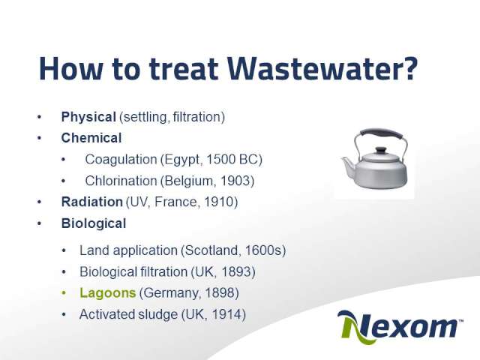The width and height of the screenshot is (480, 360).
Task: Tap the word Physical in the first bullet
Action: pos(88,117)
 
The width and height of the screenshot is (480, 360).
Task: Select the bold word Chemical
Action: pos(91,138)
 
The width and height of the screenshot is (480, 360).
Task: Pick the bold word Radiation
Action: pos(91,202)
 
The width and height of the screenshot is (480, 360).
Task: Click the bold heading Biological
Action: pos(93,223)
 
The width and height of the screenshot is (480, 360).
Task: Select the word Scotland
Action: pos(211,250)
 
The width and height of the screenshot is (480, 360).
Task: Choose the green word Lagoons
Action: pos(107,293)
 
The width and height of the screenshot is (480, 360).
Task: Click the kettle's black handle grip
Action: pos(382,133)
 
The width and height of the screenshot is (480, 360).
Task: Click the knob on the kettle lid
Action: pos(381,150)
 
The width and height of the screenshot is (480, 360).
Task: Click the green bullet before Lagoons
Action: pos(64,293)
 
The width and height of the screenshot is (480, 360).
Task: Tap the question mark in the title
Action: pos(409,68)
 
